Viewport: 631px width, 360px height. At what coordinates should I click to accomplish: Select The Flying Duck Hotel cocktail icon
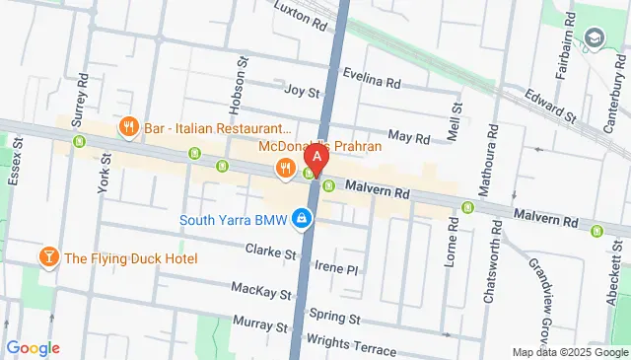point(47,258)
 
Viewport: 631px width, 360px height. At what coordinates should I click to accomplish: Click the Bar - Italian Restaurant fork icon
point(128,127)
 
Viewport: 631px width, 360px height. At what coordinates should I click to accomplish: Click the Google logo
point(33,348)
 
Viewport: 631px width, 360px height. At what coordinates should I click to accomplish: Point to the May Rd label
point(409,136)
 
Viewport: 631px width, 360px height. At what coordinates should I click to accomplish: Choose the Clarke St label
point(271,252)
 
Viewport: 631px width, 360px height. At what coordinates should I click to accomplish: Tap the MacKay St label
point(261,293)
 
